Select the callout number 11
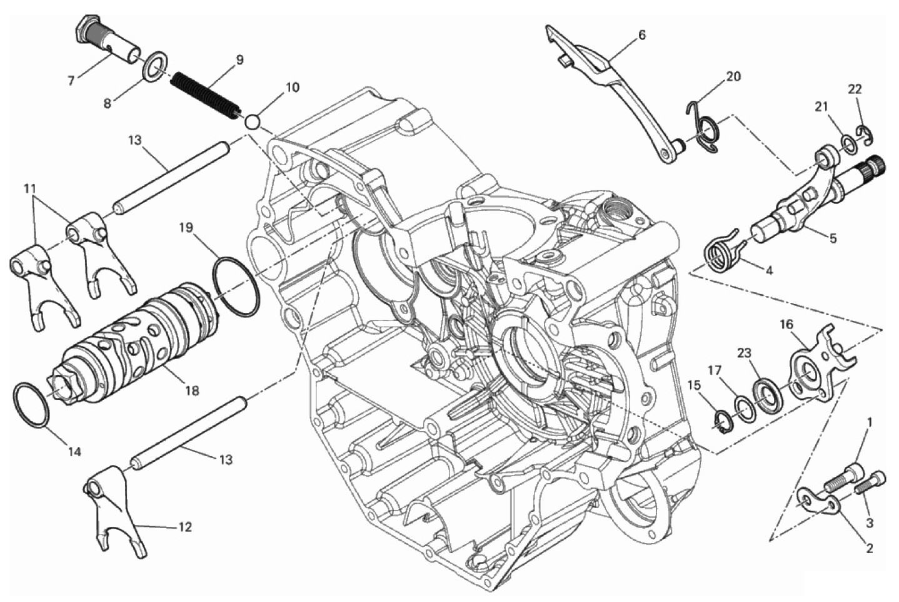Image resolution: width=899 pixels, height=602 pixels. [31, 188]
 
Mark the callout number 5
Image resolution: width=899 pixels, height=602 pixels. [832, 238]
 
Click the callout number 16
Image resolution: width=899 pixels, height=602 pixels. [786, 324]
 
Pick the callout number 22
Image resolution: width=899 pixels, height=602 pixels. [855, 89]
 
